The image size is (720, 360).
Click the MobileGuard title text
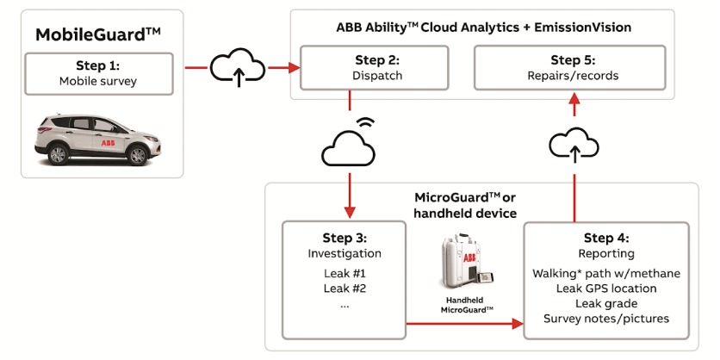98,35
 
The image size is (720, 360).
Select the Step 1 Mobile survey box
98,73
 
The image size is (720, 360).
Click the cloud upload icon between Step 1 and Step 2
238,66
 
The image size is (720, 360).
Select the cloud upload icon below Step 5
572,146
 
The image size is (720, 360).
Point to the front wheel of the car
138,154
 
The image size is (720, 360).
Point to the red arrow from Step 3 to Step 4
465,325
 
